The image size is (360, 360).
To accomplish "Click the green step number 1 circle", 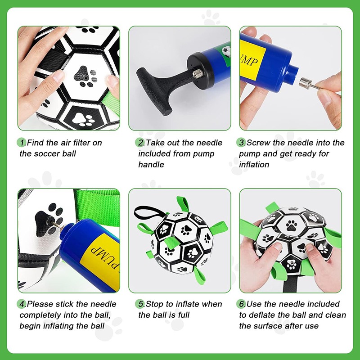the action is (21, 143).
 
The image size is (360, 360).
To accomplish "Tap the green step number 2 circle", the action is (139, 143).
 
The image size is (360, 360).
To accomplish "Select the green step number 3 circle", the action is (241, 143).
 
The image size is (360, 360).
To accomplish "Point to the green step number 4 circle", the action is (21, 304).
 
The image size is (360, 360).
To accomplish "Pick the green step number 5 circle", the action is (139, 304).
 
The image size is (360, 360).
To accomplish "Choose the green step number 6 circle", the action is (241, 304).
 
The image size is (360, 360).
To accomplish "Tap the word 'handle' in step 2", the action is (151, 164).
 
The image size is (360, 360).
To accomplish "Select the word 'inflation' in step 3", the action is (254, 164).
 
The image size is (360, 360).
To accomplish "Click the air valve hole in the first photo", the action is (85, 78).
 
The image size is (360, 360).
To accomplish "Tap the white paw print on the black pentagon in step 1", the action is (83, 119).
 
